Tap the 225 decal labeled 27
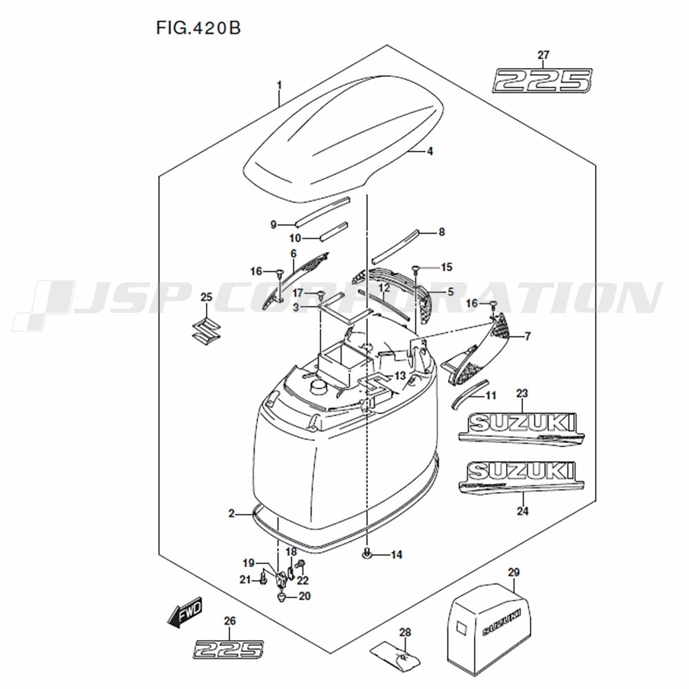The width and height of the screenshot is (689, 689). tap(542, 80)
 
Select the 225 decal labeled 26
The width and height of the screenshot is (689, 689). tap(229, 648)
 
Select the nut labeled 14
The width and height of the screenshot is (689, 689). tap(367, 553)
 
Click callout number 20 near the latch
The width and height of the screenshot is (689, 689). tap(305, 596)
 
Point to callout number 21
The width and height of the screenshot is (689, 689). tap(245, 580)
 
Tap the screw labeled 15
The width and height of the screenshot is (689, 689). tap(416, 269)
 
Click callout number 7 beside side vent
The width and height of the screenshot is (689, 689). tap(528, 336)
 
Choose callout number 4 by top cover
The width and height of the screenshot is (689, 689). tap(429, 152)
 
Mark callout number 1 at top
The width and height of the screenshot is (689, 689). tap(279, 85)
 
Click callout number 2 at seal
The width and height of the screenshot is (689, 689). tap(232, 513)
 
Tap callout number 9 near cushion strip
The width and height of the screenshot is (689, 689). tap(274, 225)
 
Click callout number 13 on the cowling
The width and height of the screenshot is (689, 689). tap(400, 376)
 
